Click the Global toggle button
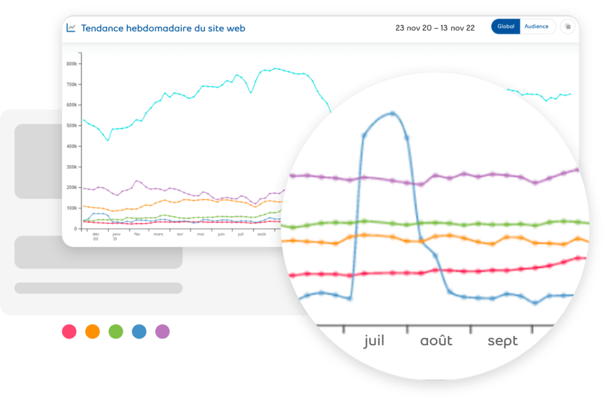point(506,27)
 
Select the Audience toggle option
point(536,27)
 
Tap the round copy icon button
point(568,27)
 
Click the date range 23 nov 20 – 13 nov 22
point(435,28)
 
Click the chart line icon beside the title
point(71,27)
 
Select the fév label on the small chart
point(137,234)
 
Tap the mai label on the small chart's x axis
point(200,234)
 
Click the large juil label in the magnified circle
point(374,341)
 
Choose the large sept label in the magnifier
point(503,341)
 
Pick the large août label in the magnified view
point(437,341)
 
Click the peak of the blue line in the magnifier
point(392,113)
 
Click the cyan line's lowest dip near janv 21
point(108,140)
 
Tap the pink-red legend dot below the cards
point(70,331)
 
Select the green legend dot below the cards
point(116,331)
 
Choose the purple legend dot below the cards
point(162,331)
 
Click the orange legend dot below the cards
point(93,331)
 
